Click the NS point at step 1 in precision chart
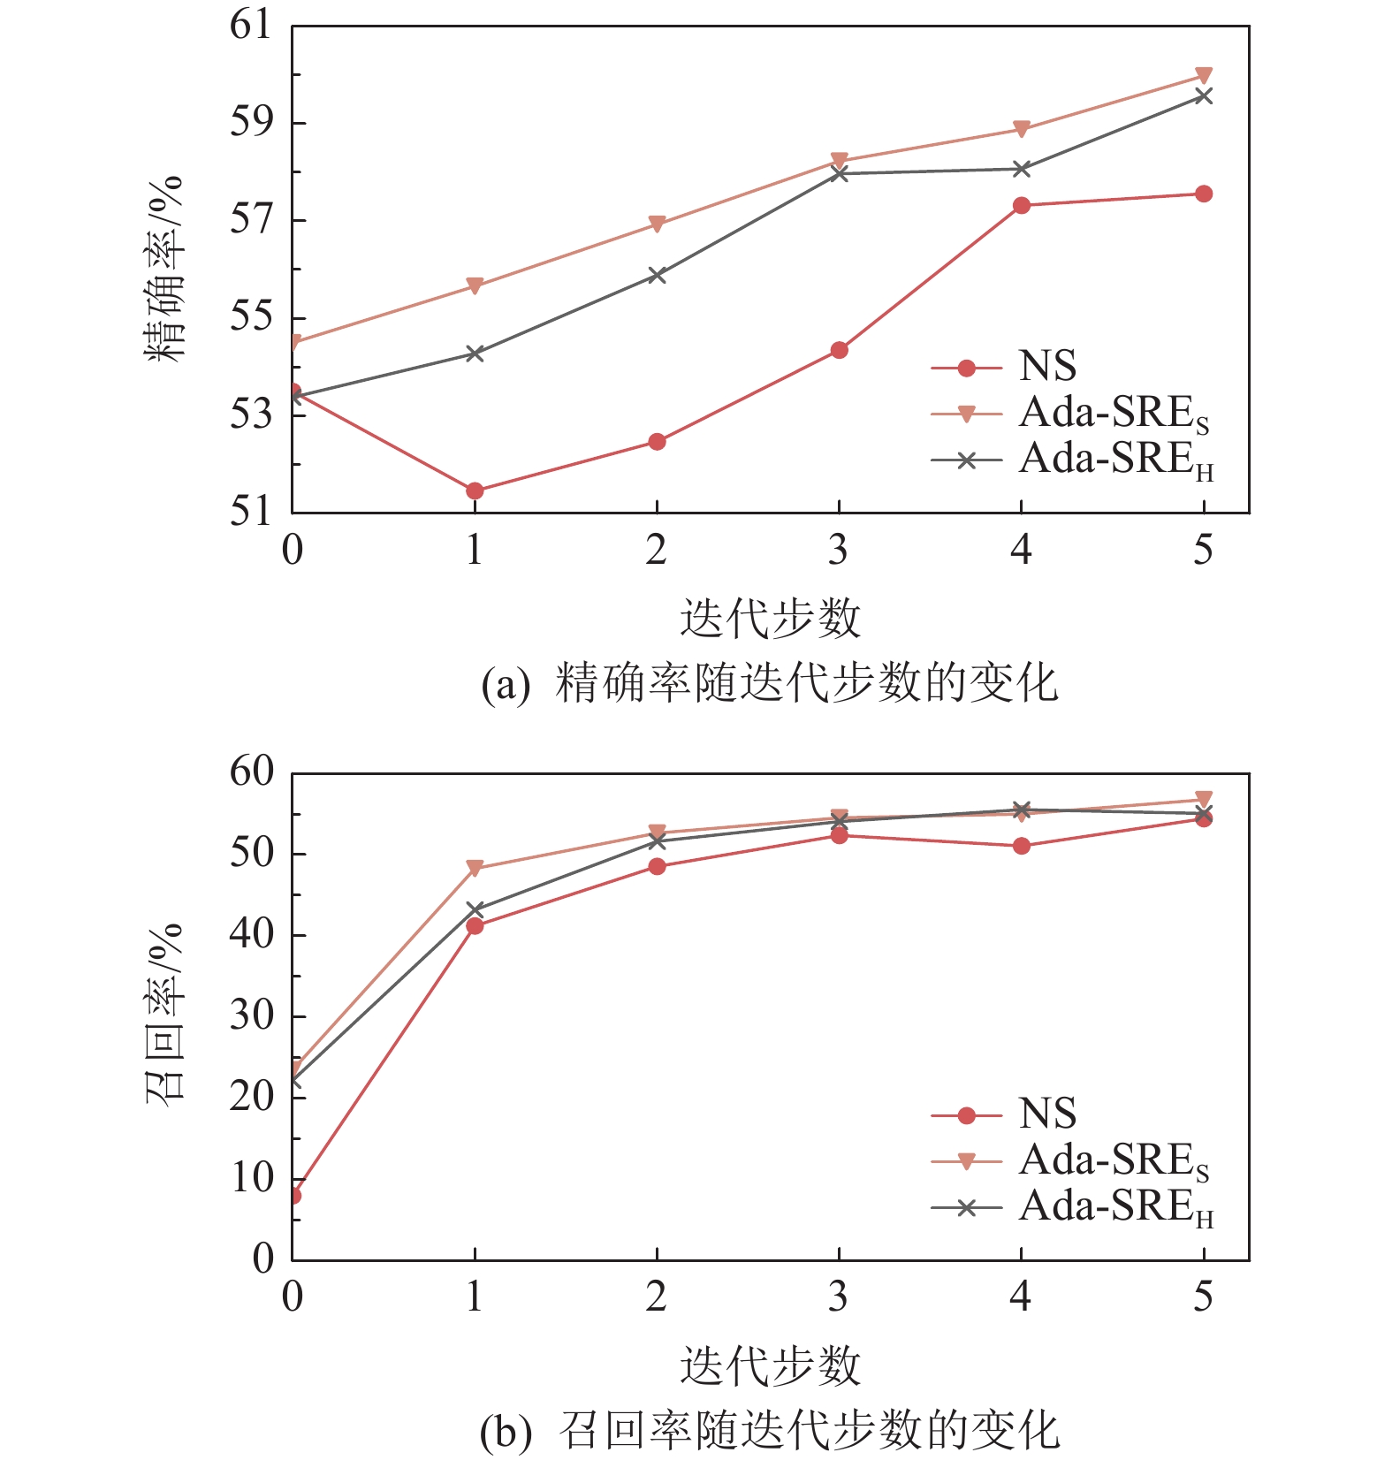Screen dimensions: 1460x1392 (x=475, y=490)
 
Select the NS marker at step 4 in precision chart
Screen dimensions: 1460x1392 (x=1022, y=205)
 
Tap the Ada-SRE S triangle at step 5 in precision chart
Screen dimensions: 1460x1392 (x=1203, y=75)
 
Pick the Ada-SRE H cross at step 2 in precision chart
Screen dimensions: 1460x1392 (x=657, y=275)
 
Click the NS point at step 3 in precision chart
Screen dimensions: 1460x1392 (x=840, y=350)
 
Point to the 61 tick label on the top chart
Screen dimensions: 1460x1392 (x=251, y=25)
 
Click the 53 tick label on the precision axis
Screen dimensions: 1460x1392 (x=251, y=414)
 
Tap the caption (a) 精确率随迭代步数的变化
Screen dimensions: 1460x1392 (x=770, y=683)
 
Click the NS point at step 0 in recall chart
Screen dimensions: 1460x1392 (x=293, y=1196)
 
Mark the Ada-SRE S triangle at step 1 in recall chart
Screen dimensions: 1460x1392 (x=475, y=868)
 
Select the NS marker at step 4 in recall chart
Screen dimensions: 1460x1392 (x=1022, y=846)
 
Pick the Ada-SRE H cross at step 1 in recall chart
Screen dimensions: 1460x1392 (x=475, y=909)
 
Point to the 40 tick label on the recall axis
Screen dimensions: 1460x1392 (x=251, y=934)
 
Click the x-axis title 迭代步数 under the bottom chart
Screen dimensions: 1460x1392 (x=770, y=1365)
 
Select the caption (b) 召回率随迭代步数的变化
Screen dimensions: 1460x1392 (x=770, y=1431)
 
